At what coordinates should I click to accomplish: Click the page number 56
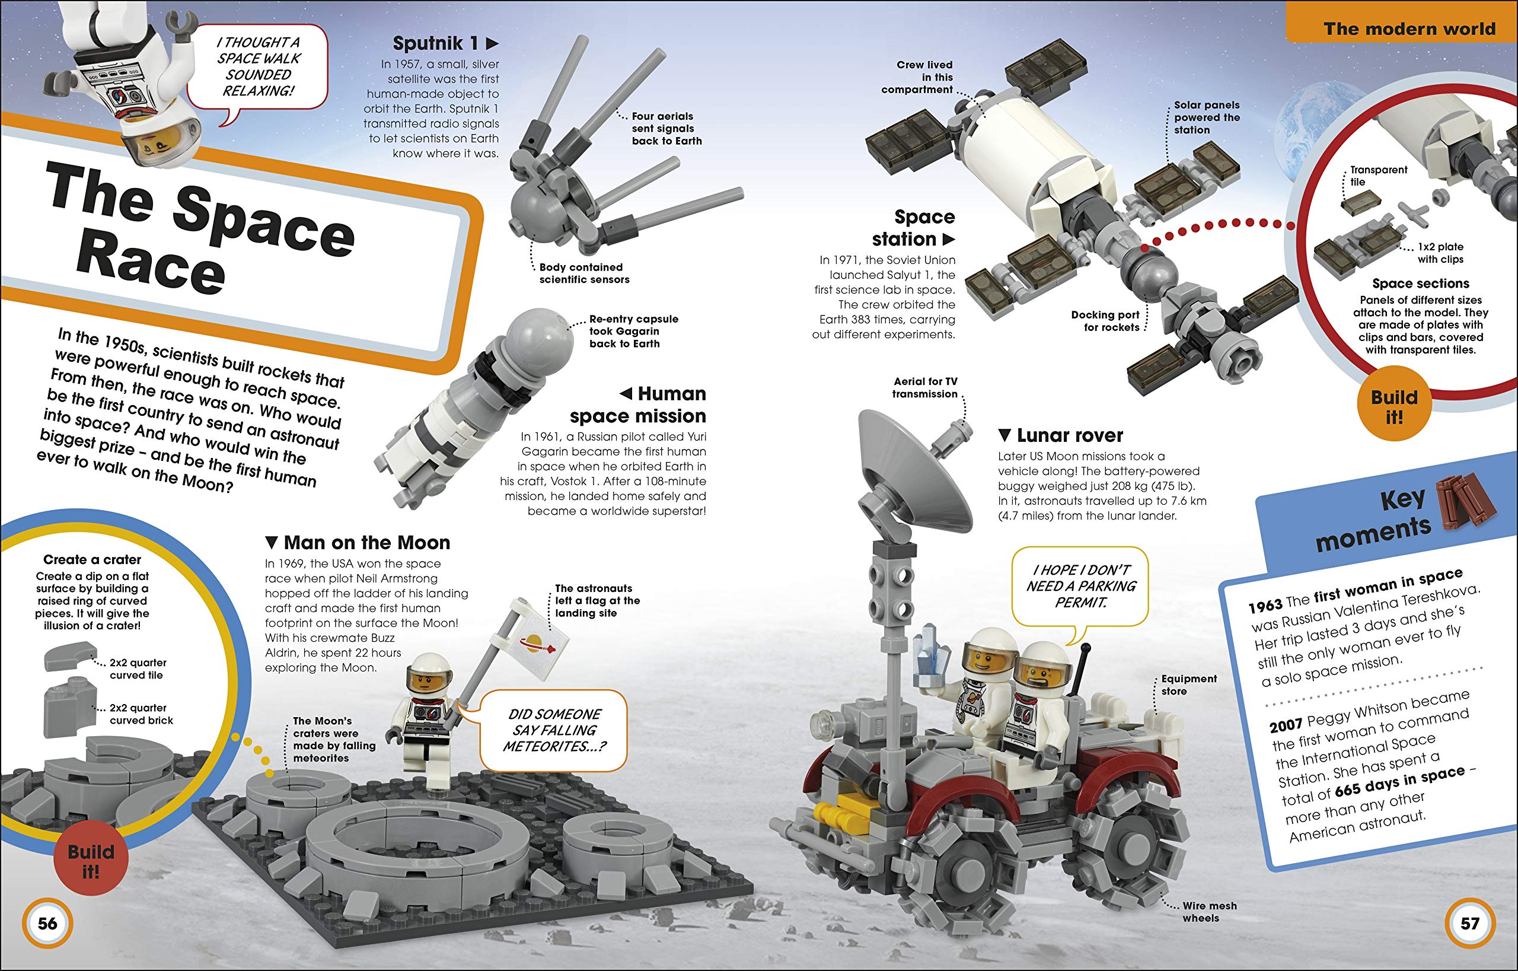(47, 924)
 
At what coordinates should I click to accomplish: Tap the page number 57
(1469, 924)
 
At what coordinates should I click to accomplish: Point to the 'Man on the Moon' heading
(358, 542)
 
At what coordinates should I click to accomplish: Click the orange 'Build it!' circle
(1394, 407)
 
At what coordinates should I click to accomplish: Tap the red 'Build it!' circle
(91, 861)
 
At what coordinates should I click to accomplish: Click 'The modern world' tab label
(1409, 29)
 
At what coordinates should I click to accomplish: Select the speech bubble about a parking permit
(1080, 587)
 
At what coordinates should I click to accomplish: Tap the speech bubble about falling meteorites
(554, 730)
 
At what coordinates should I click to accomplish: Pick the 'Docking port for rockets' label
(1105, 321)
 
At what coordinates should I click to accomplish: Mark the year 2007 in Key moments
(1286, 725)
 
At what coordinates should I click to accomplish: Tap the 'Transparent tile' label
(1378, 176)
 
